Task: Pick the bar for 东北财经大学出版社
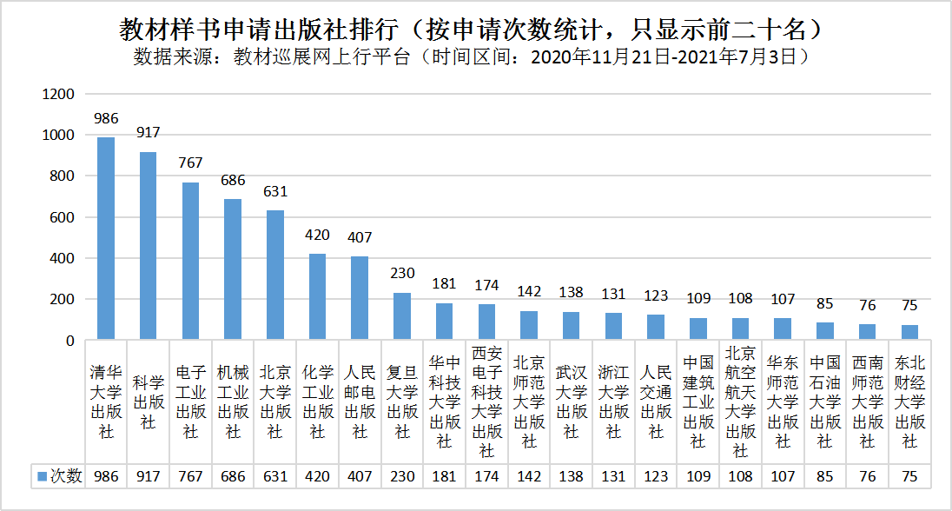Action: [x=909, y=332]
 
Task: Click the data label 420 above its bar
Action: [x=317, y=235]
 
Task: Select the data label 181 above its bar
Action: [x=445, y=284]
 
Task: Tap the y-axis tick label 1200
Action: [x=60, y=94]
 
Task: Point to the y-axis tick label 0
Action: [x=71, y=341]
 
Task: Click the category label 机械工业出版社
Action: [x=233, y=401]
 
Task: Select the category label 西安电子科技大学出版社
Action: [x=486, y=402]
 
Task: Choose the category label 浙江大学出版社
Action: [x=614, y=401]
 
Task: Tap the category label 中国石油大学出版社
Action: [x=825, y=401]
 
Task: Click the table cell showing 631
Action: [x=275, y=476]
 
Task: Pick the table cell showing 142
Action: [x=529, y=476]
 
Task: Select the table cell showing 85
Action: [x=825, y=476]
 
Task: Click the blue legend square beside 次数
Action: [x=41, y=476]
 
